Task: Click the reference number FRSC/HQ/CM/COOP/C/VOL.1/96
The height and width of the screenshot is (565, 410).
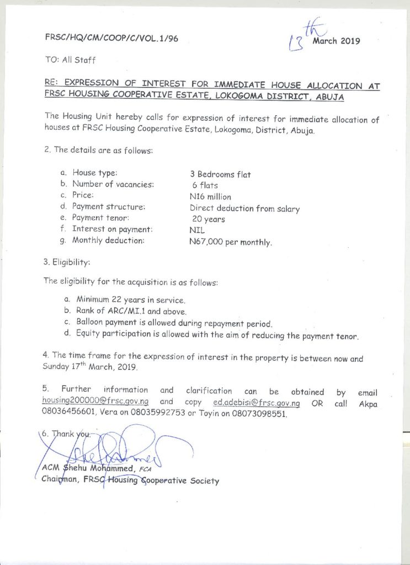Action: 111,39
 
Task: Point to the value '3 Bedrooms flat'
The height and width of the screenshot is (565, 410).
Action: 220,174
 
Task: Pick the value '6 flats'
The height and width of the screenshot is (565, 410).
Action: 205,185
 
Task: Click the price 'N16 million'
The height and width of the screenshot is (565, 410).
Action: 210,197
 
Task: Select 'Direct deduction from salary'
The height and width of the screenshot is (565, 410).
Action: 244,209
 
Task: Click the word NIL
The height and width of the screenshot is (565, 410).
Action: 196,231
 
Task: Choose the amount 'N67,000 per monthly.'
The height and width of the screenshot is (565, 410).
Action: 231,242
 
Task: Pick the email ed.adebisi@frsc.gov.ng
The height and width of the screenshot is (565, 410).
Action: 255,402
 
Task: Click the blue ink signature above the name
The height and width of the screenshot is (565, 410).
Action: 132,445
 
